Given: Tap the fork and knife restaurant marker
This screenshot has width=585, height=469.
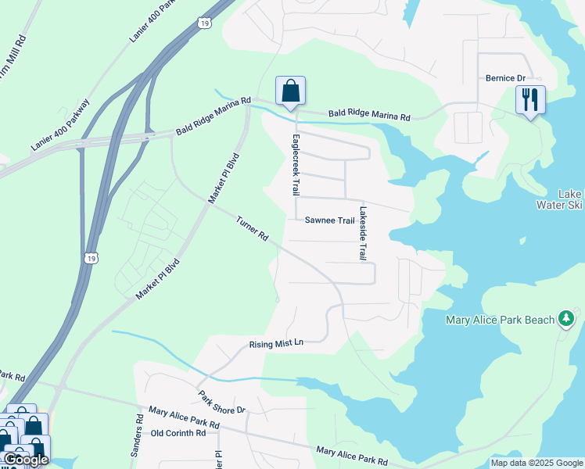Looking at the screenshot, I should (530, 99).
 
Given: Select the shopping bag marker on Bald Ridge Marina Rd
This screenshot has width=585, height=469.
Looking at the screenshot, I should (290, 91).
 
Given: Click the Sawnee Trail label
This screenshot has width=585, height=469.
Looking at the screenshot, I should (330, 221).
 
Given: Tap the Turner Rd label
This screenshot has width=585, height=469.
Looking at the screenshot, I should (253, 228).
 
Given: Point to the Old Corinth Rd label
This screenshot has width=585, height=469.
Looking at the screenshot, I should (178, 433).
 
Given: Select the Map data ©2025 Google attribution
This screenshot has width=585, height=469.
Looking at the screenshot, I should (537, 463).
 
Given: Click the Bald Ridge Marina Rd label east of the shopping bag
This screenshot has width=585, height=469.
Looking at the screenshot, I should (369, 116).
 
